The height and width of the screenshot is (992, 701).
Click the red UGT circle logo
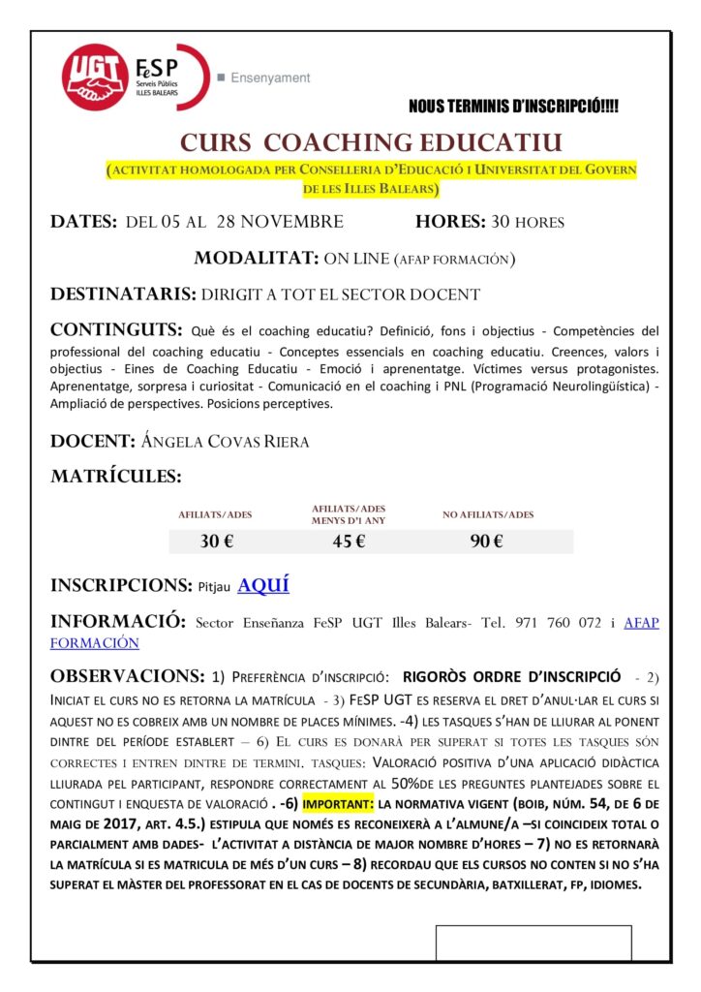[96, 77]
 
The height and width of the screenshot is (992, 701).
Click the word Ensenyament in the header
[270, 77]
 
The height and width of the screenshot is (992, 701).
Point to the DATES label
[84, 222]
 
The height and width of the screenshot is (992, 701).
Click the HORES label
[450, 222]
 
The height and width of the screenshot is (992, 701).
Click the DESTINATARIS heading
[122, 294]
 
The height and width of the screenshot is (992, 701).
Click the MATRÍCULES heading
[115, 477]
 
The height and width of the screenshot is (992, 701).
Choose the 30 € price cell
[217, 542]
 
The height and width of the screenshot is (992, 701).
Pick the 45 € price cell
[349, 542]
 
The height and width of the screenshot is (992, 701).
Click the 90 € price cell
[487, 542]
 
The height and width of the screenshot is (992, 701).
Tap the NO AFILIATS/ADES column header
[488, 514]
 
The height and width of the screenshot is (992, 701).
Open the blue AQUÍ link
[263, 585]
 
